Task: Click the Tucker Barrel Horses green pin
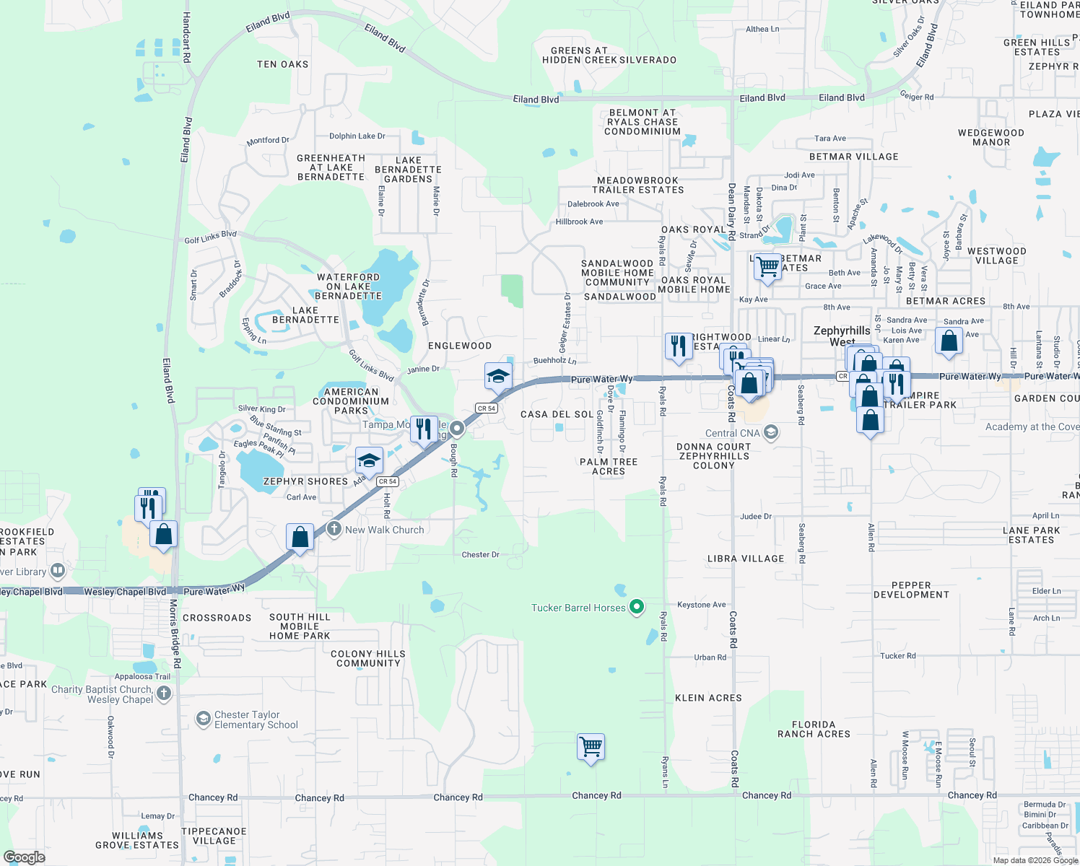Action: coord(636,607)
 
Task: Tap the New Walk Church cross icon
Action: coord(334,529)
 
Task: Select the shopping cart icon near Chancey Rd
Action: coord(591,747)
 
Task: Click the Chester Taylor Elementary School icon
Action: coord(204,719)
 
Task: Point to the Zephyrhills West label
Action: coord(842,336)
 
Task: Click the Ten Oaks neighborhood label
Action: coord(282,64)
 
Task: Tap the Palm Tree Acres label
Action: coord(609,466)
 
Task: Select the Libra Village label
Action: coord(746,559)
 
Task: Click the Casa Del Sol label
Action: coord(557,414)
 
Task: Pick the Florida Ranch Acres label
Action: coord(814,729)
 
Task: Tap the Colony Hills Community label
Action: coord(368,658)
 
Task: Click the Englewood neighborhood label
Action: coord(460,346)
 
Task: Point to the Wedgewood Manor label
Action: coord(991,137)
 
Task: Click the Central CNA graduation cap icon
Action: coord(771,432)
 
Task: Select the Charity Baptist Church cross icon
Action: coord(164,694)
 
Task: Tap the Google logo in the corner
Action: coord(25,857)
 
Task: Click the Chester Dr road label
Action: coord(480,554)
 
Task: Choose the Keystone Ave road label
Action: coord(701,605)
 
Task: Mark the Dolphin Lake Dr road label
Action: coord(357,136)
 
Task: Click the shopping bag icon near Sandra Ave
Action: coord(949,341)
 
